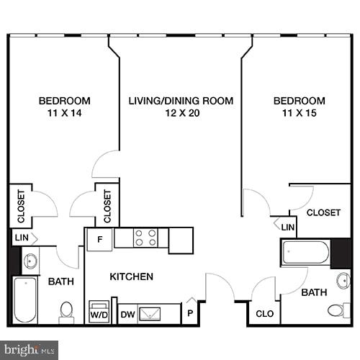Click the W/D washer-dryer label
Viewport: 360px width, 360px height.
(x=98, y=315)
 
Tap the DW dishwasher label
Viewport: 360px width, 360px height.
(x=127, y=315)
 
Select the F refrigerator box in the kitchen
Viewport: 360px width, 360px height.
(x=99, y=240)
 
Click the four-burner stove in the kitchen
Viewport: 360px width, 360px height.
(x=146, y=238)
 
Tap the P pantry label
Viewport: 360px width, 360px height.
(x=189, y=315)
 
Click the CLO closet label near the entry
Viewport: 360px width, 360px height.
(x=264, y=315)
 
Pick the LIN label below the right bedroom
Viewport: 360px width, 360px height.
(x=288, y=228)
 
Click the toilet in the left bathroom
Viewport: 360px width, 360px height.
(x=67, y=311)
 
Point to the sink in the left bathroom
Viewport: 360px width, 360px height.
(x=30, y=260)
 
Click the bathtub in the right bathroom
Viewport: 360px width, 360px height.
(x=305, y=253)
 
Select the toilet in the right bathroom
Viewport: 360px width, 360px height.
(x=337, y=310)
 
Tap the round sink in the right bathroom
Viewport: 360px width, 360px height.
(x=343, y=281)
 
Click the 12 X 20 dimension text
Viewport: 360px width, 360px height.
(x=181, y=114)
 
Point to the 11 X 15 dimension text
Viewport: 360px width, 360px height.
(x=299, y=114)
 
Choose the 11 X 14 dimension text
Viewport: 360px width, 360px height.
(x=64, y=114)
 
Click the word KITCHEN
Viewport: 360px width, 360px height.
(x=131, y=276)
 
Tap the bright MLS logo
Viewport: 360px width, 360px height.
(x=29, y=350)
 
